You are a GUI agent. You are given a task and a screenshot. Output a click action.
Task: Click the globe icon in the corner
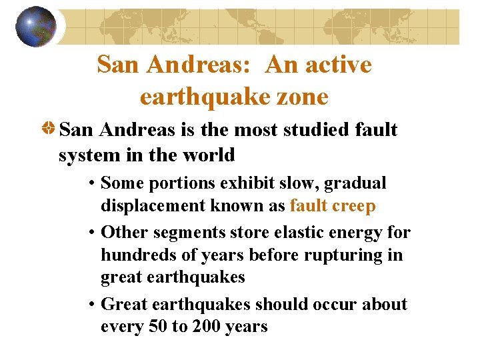pyautogui.click(x=36, y=26)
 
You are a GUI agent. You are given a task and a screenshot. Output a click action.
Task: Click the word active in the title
pyautogui.click(x=339, y=65)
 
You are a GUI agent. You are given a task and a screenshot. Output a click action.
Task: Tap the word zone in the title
pyautogui.click(x=304, y=97)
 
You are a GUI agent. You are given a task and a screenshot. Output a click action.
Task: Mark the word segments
pyautogui.click(x=186, y=232)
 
